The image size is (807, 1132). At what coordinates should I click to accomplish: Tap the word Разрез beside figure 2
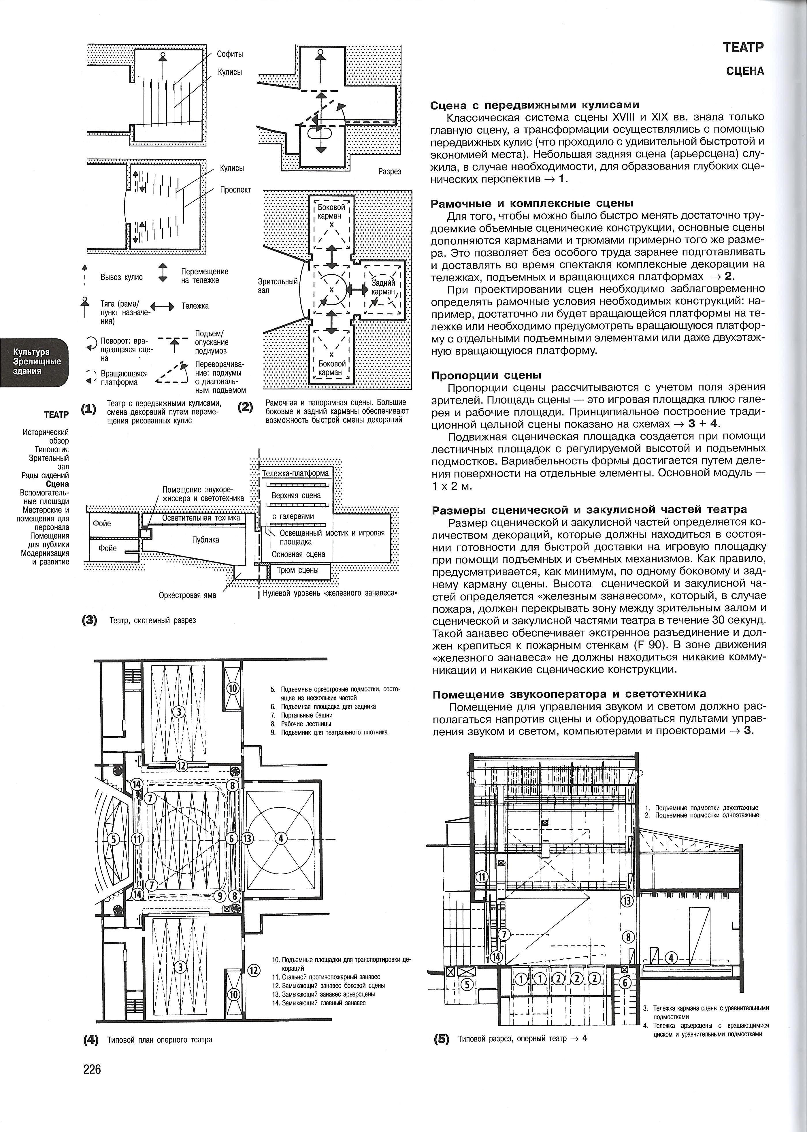point(390,172)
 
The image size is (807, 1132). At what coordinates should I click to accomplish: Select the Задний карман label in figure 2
point(383,287)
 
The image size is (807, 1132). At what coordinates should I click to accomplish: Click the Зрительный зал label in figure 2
point(277,286)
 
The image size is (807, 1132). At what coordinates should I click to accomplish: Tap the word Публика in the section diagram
point(206,540)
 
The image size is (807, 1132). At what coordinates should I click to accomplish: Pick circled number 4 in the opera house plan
point(281,838)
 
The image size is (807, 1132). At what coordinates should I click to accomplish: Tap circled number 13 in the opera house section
point(628,901)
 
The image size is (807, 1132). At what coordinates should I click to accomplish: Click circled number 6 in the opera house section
point(626,982)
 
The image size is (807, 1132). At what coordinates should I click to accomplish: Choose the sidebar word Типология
point(52,450)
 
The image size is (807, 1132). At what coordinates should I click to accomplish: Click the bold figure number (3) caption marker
point(89,620)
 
